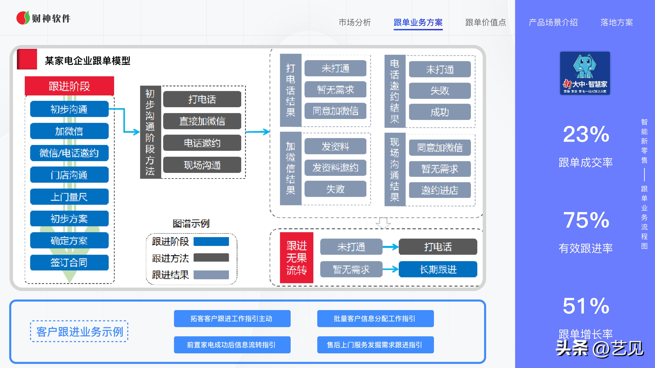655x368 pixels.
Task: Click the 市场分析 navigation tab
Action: (355, 22)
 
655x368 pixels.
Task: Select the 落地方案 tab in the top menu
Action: (617, 22)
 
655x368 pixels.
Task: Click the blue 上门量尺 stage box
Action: (69, 197)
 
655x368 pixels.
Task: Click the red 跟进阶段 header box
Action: (69, 86)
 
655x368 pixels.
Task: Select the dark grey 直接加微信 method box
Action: (202, 121)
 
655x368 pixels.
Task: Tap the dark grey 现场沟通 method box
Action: (202, 165)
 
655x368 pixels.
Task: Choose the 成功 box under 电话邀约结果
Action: (440, 112)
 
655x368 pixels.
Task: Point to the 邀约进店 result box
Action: (440, 190)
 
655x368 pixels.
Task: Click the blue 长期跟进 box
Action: (438, 269)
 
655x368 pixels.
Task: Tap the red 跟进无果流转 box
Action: (296, 258)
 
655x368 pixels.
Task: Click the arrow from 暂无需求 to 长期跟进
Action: (390, 269)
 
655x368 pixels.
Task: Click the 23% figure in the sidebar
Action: (586, 134)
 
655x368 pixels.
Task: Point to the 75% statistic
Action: (586, 220)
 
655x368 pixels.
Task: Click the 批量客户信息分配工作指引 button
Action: (375, 318)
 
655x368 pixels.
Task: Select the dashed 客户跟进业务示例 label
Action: (79, 331)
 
